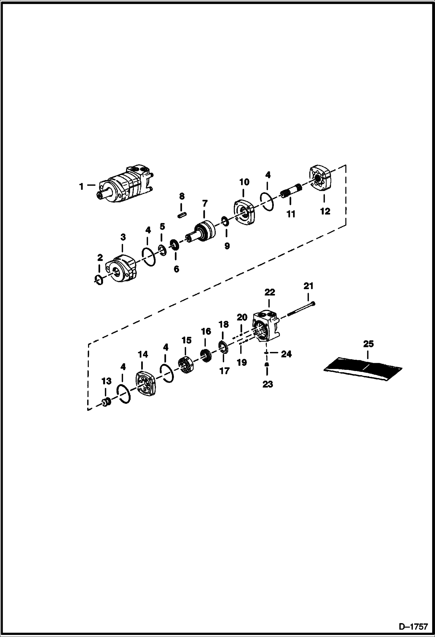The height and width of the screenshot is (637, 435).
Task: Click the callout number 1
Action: point(82,186)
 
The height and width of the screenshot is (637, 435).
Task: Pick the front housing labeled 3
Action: point(121,268)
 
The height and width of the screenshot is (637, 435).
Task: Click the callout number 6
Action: point(176,269)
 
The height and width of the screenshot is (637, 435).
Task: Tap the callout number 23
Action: point(267,384)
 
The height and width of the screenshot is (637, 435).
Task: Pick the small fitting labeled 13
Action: point(106,403)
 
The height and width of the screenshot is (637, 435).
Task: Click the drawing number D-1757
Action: point(413,626)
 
